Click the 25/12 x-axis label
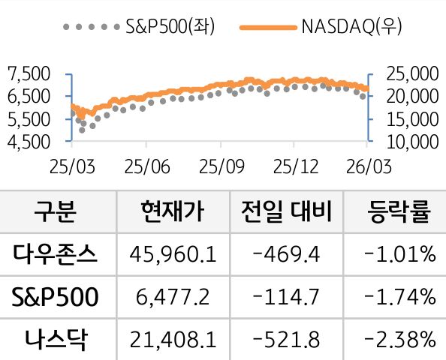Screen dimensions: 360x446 pyautogui.click(x=291, y=164)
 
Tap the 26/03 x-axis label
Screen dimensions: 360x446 pyautogui.click(x=364, y=164)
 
